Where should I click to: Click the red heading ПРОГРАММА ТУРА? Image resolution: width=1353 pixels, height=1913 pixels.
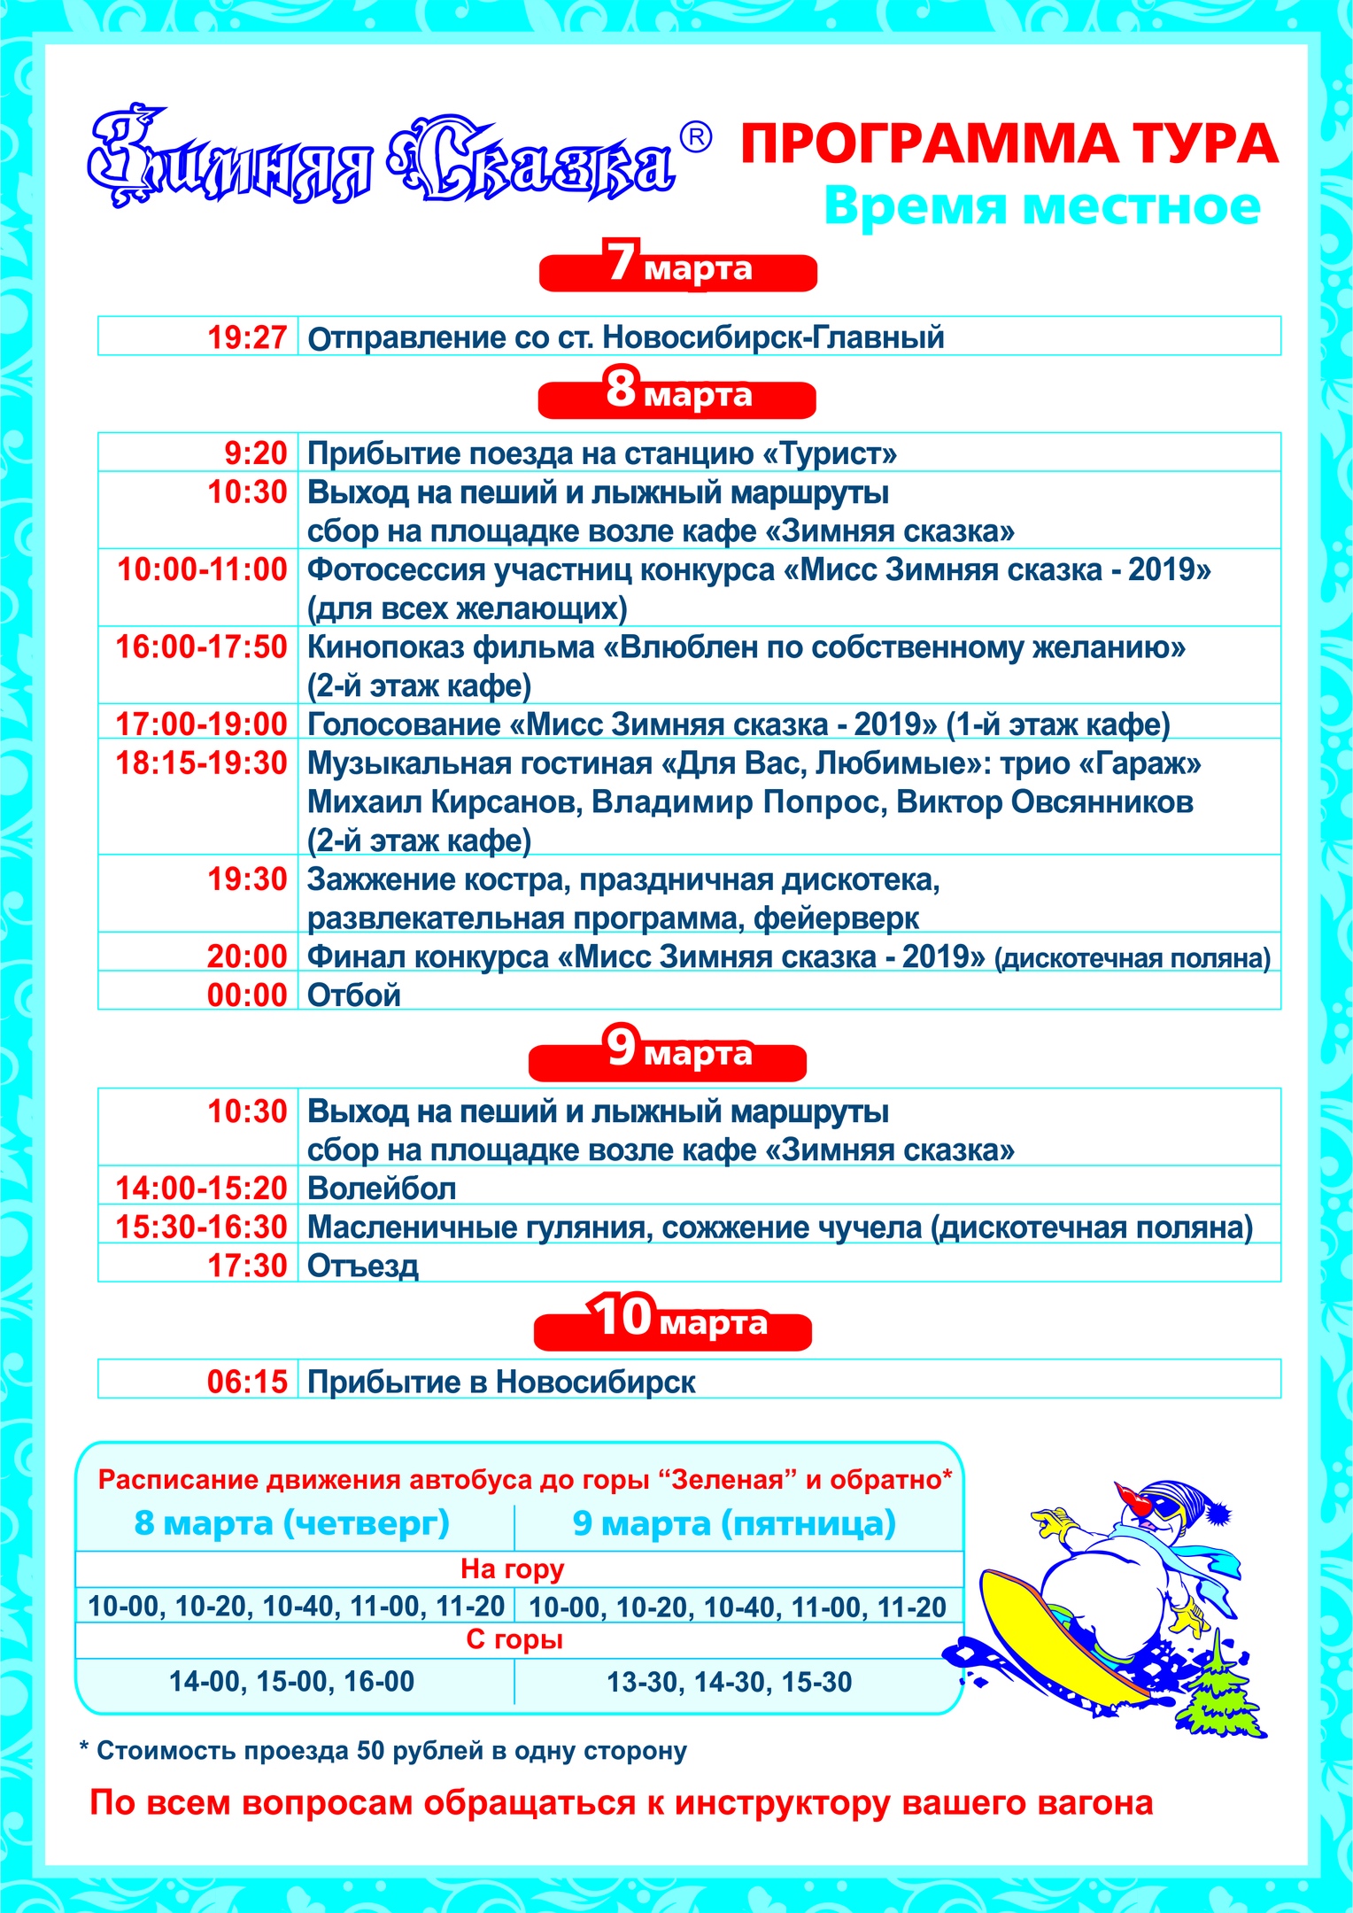(1009, 144)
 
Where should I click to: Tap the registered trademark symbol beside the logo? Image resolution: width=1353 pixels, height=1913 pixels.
(696, 137)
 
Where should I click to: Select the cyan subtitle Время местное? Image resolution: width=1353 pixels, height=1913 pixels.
(1041, 206)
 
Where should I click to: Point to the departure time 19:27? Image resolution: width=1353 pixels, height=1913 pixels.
(247, 337)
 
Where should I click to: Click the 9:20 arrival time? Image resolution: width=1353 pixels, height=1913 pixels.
(256, 453)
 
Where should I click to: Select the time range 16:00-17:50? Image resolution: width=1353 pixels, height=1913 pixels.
(202, 647)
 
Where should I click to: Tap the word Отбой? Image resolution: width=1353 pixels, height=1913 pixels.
(354, 995)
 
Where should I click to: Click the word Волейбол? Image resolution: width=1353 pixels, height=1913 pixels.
(382, 1189)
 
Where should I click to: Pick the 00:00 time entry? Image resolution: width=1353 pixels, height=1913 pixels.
(247, 995)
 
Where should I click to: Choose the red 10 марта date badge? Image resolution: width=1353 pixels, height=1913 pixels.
(673, 1321)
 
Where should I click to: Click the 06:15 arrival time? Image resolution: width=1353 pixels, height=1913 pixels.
(247, 1382)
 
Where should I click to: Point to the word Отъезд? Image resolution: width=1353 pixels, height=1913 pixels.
(363, 1266)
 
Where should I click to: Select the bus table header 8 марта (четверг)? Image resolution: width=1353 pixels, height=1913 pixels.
(292, 1523)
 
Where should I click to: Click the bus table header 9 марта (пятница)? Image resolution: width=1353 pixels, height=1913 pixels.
(734, 1523)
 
